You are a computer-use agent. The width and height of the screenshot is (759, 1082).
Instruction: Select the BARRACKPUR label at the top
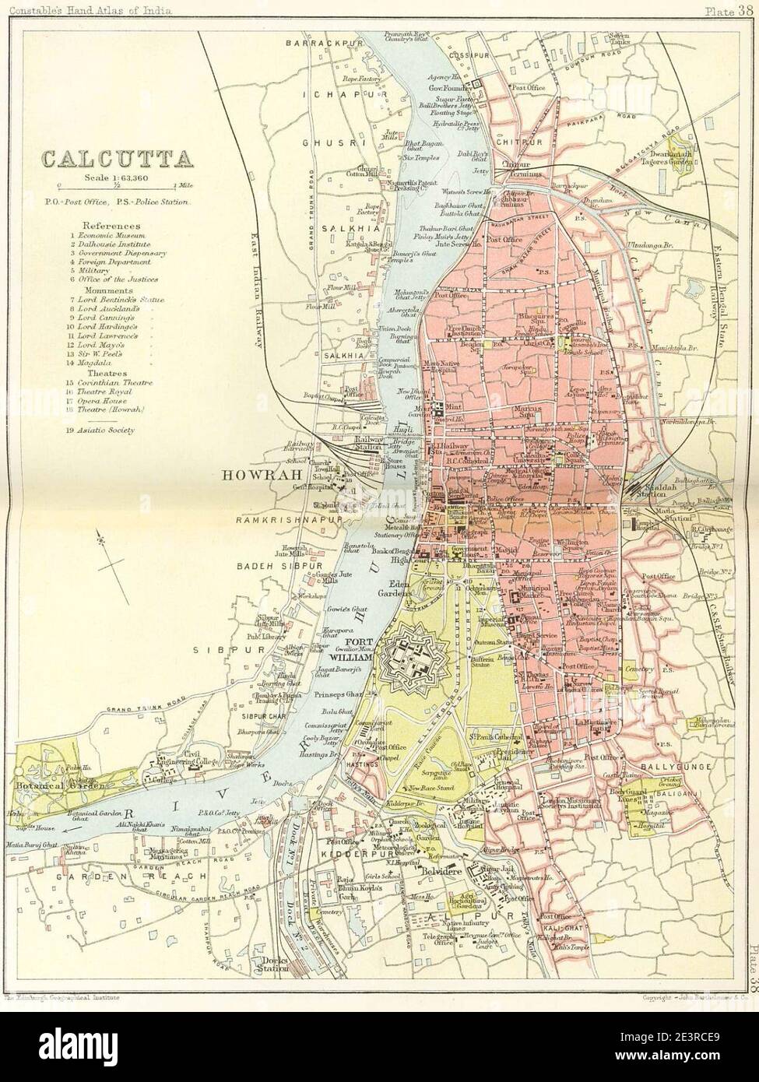[x=316, y=43]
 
